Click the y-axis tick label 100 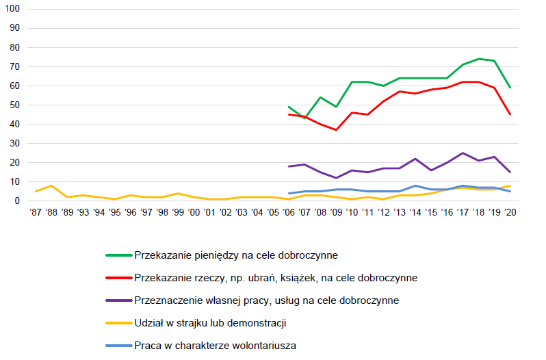[x=13, y=9]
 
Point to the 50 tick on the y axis [x=15, y=105]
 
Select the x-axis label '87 [x=36, y=213]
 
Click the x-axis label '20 [x=510, y=213]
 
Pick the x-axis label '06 [x=289, y=213]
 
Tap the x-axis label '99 [x=178, y=213]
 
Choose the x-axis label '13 [x=399, y=213]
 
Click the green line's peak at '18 [x=478, y=59]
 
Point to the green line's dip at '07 [x=304, y=118]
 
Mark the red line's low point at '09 [x=336, y=130]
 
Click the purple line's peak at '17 [x=463, y=153]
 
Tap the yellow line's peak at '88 [x=51, y=185]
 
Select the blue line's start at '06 [x=289, y=193]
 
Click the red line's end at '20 [x=510, y=114]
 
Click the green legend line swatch [x=118, y=255]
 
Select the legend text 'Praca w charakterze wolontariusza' [x=216, y=345]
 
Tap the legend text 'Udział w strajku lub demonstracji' [x=210, y=322]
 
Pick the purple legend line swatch [x=118, y=300]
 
